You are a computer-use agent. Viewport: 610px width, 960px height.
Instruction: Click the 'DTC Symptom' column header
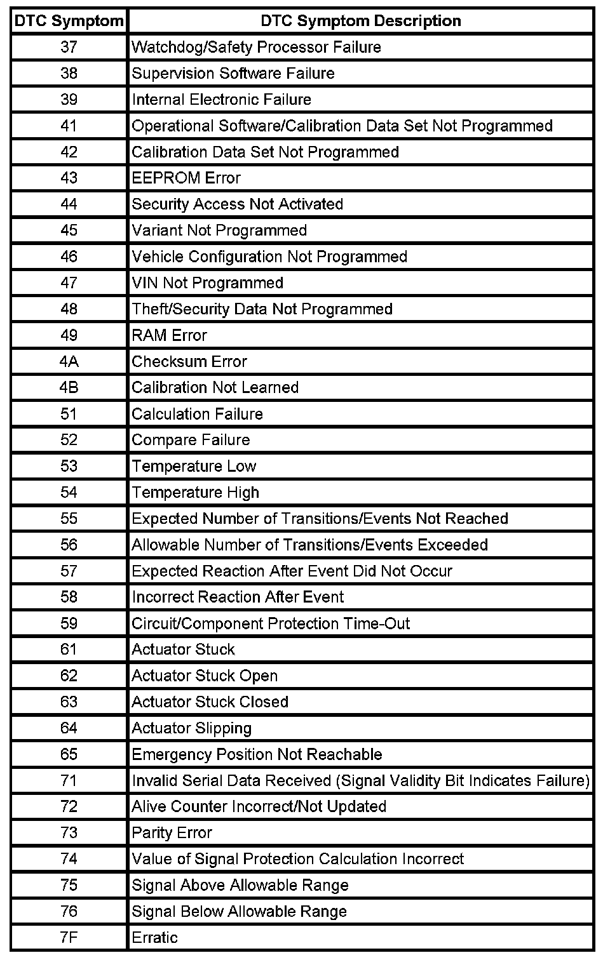pyautogui.click(x=69, y=21)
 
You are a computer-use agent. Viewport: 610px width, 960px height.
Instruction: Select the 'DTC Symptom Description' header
pyautogui.click(x=360, y=21)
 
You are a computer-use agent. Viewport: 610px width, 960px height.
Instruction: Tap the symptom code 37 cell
pyautogui.click(x=69, y=47)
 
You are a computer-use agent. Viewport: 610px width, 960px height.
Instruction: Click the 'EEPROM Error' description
pyautogui.click(x=186, y=178)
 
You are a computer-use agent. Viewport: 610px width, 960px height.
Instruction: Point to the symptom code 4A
pyautogui.click(x=69, y=361)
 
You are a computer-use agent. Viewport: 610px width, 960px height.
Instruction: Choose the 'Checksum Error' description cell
pyautogui.click(x=189, y=361)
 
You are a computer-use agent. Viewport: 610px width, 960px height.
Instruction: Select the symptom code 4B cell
pyautogui.click(x=69, y=387)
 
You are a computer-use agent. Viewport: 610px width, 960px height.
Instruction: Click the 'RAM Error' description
pyautogui.click(x=169, y=335)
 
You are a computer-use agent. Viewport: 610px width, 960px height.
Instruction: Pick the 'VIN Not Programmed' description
pyautogui.click(x=207, y=283)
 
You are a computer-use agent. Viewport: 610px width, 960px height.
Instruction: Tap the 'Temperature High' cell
pyautogui.click(x=195, y=492)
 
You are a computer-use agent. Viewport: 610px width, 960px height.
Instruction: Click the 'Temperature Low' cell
pyautogui.click(x=194, y=466)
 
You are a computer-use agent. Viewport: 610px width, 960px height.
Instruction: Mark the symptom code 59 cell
pyautogui.click(x=69, y=623)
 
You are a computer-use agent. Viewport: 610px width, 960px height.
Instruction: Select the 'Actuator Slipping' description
pyautogui.click(x=191, y=728)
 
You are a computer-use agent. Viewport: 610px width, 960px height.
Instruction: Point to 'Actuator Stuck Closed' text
pyautogui.click(x=210, y=702)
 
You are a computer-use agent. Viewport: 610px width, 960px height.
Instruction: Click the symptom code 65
pyautogui.click(x=69, y=754)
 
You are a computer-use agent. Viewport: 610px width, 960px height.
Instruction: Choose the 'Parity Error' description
pyautogui.click(x=172, y=832)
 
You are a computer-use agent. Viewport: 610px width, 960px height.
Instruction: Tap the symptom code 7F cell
pyautogui.click(x=69, y=937)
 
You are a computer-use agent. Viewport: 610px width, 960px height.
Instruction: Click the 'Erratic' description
pyautogui.click(x=154, y=937)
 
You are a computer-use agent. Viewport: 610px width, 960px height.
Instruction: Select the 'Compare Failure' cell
pyautogui.click(x=191, y=440)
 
